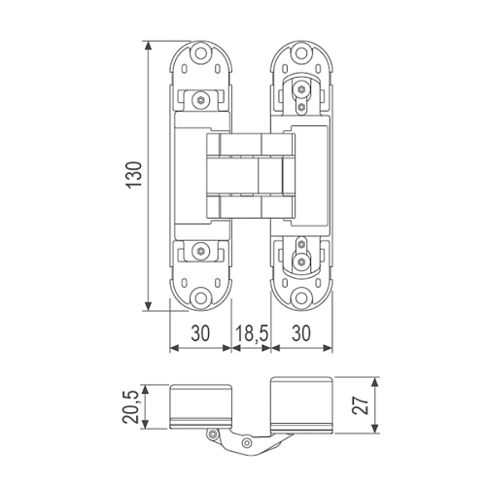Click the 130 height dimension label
coord(134,175)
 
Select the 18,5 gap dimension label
coord(252,333)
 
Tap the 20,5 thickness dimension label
coord(130,407)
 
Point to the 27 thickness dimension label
coord(361,405)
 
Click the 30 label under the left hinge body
coord(200,333)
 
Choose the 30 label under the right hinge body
coord(301,333)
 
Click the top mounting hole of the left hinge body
coord(201,53)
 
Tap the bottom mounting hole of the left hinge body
coord(201,297)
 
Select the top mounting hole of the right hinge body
coord(301,53)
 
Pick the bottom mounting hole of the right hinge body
coord(301,297)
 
